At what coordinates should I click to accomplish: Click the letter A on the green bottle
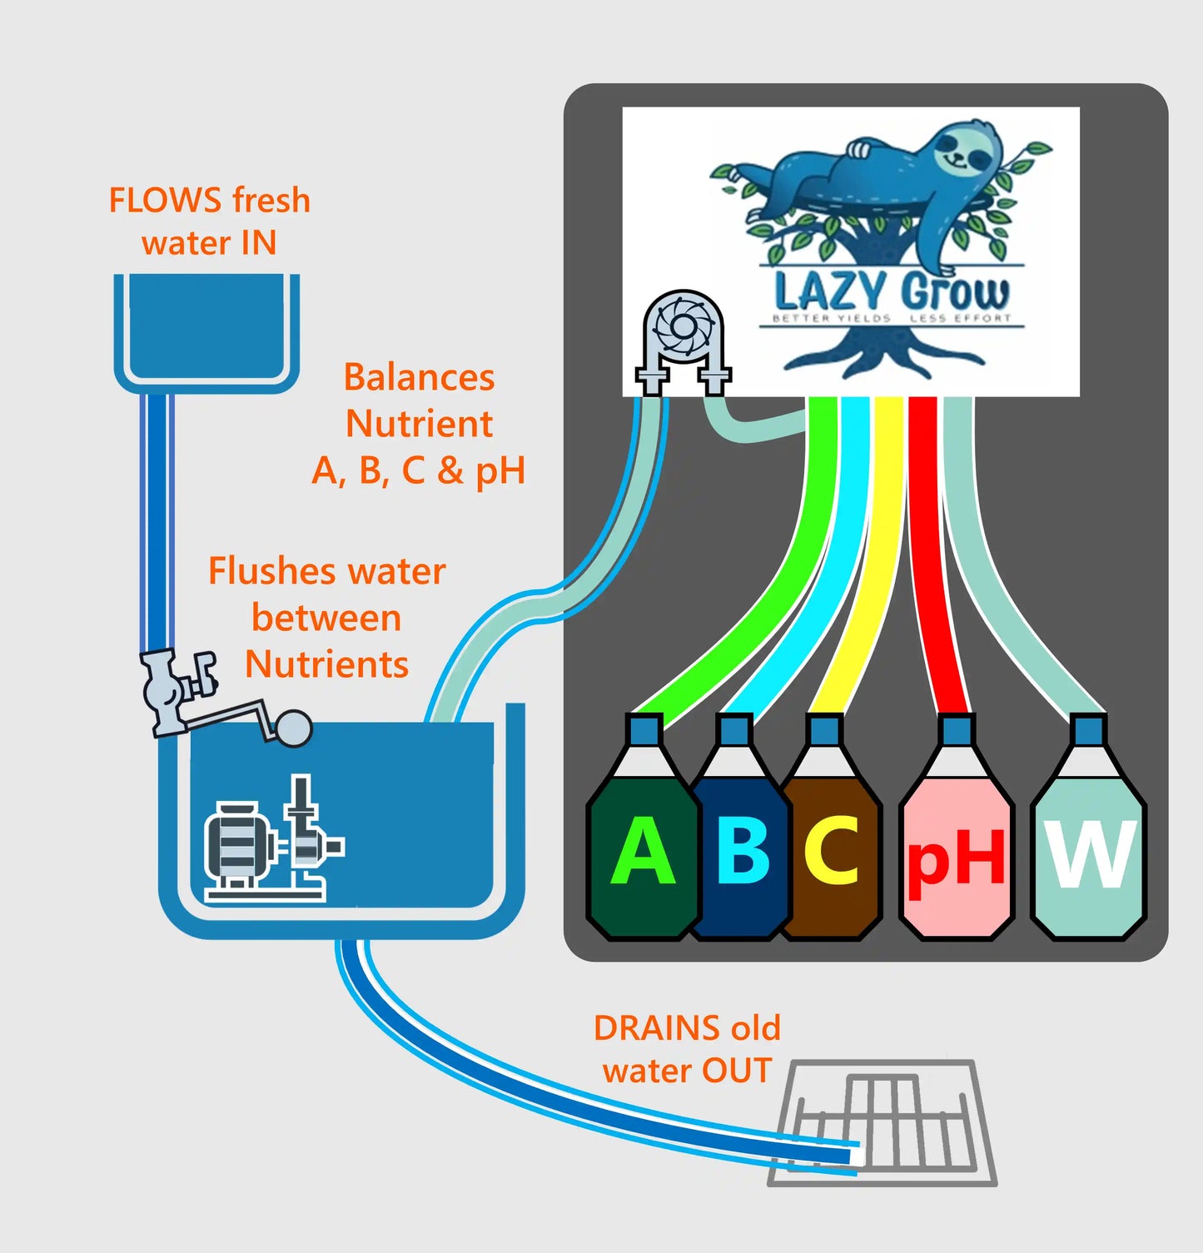(642, 850)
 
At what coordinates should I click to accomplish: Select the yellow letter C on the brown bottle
(832, 850)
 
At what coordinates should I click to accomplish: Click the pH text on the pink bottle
(956, 859)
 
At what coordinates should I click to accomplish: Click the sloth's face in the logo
(966, 150)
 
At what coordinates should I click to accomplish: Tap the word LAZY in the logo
(829, 292)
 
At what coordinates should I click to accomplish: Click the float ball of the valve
(293, 728)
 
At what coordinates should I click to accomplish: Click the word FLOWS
(166, 201)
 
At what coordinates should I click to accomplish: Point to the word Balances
(419, 377)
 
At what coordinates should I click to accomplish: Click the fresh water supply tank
(206, 329)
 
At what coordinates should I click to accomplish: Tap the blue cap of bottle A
(644, 730)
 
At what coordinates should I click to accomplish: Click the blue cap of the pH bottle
(956, 730)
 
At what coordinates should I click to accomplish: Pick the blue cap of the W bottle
(1088, 730)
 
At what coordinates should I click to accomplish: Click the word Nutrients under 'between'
(326, 664)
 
